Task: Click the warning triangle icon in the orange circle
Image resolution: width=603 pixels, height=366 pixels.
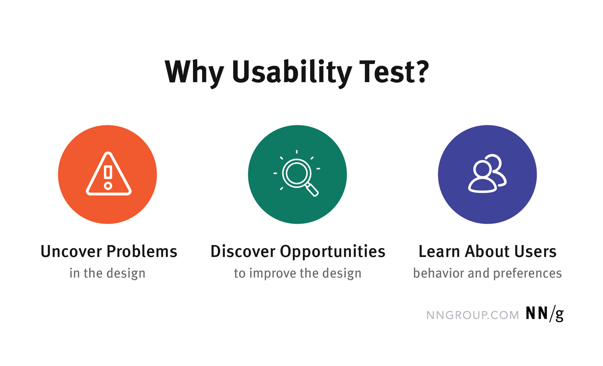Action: [108, 174]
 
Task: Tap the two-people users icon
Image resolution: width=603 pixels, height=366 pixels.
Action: [488, 174]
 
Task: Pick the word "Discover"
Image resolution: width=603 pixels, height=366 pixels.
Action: [243, 251]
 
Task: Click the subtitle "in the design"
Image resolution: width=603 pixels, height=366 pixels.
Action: [107, 273]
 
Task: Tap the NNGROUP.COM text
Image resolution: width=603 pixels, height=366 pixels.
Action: [472, 315]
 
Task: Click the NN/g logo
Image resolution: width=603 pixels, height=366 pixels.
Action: [544, 314]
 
